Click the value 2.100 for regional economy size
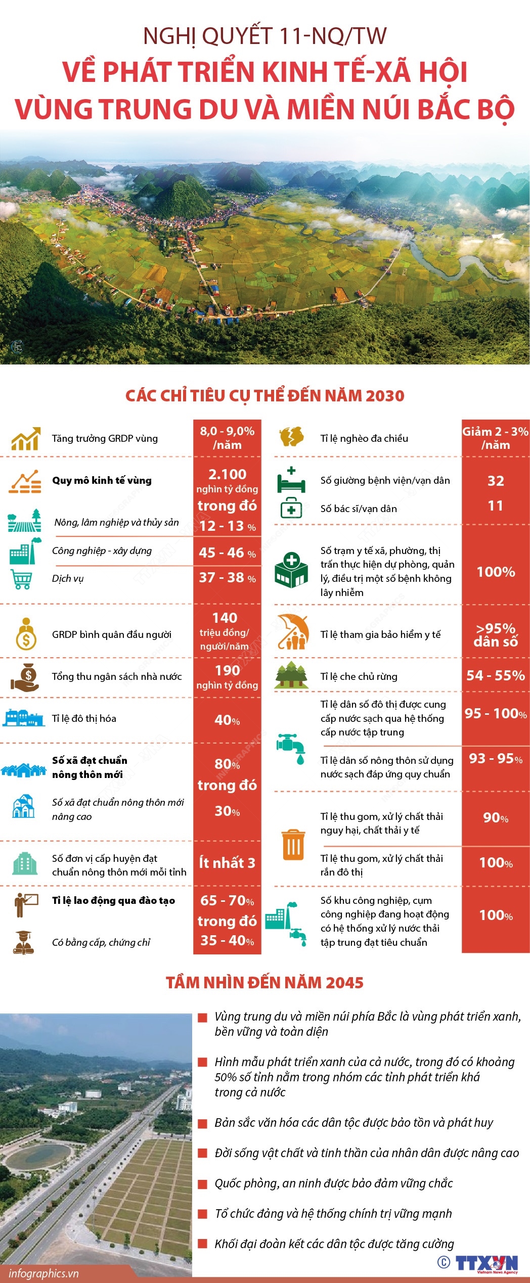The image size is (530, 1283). (x=227, y=474)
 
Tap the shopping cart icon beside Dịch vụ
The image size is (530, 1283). (x=21, y=579)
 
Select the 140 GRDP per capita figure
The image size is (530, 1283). (x=225, y=618)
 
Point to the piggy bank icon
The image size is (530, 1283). (x=291, y=436)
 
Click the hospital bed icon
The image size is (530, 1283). (x=291, y=481)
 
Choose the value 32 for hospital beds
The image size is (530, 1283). (x=496, y=481)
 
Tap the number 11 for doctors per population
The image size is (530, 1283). (x=496, y=506)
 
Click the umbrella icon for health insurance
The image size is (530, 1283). (x=293, y=632)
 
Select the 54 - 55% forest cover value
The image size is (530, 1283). (x=496, y=676)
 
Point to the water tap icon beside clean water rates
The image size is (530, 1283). (x=291, y=748)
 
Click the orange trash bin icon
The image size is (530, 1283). (x=293, y=845)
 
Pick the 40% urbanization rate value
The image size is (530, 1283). (x=227, y=720)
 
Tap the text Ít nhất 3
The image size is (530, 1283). (x=227, y=863)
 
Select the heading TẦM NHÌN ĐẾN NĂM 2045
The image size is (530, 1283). (x=264, y=983)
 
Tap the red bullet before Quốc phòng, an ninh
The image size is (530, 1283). (x=203, y=1184)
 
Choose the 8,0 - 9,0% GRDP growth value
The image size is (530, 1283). (x=227, y=438)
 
